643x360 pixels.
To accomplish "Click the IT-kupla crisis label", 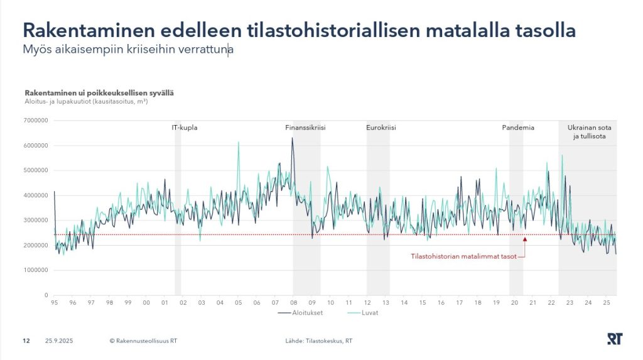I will pos(185,128).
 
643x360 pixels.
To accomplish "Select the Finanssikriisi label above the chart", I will pos(305,128).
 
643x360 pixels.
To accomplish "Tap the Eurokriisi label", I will pos(381,128).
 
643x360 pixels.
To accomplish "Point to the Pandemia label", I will pos(518,128).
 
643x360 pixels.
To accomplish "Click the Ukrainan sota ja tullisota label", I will pos(589,131).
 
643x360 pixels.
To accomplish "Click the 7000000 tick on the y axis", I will pos(36,121).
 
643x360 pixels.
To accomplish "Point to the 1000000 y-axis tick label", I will pos(36,270).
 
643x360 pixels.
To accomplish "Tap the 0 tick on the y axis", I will pos(46,295).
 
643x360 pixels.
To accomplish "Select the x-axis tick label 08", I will pos(293,303).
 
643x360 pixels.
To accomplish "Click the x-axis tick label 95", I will pos(55,303).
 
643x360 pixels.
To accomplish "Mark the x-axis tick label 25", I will pos(607,303).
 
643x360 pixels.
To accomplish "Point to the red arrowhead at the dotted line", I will pos(524,239).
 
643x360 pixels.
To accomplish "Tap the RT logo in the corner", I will pos(614,339).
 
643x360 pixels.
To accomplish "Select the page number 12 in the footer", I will pos(26,341).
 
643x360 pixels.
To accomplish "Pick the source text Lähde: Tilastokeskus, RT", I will pos(318,341).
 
